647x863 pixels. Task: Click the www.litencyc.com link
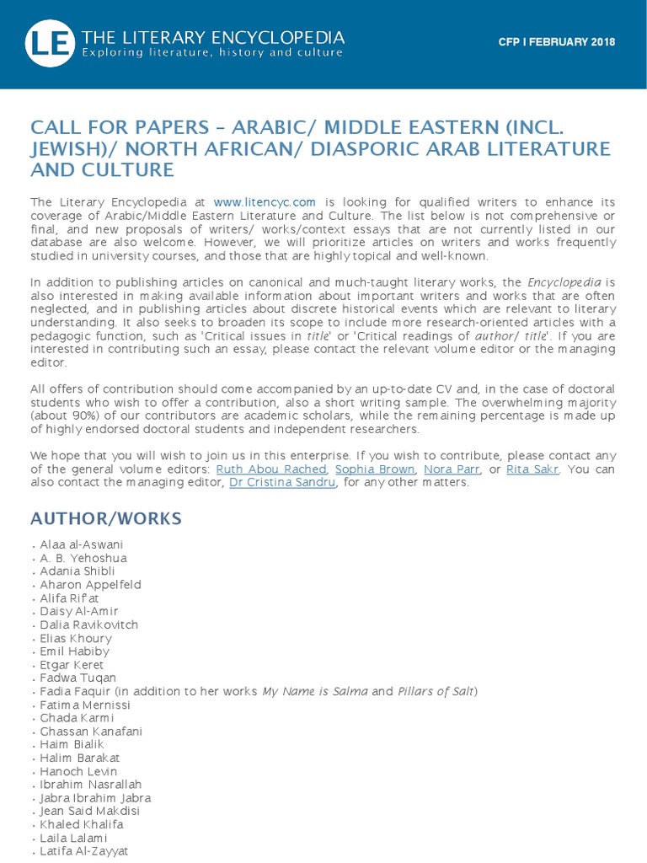coord(265,202)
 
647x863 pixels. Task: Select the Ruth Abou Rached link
coord(270,469)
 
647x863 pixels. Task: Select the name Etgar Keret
coord(72,665)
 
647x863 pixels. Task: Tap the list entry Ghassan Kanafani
coord(91,732)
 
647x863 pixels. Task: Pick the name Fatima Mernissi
coord(85,705)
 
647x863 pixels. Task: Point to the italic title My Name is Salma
coord(314,691)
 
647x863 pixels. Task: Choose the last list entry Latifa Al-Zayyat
coord(84,851)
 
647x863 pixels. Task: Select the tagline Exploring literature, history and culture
coord(211,53)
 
